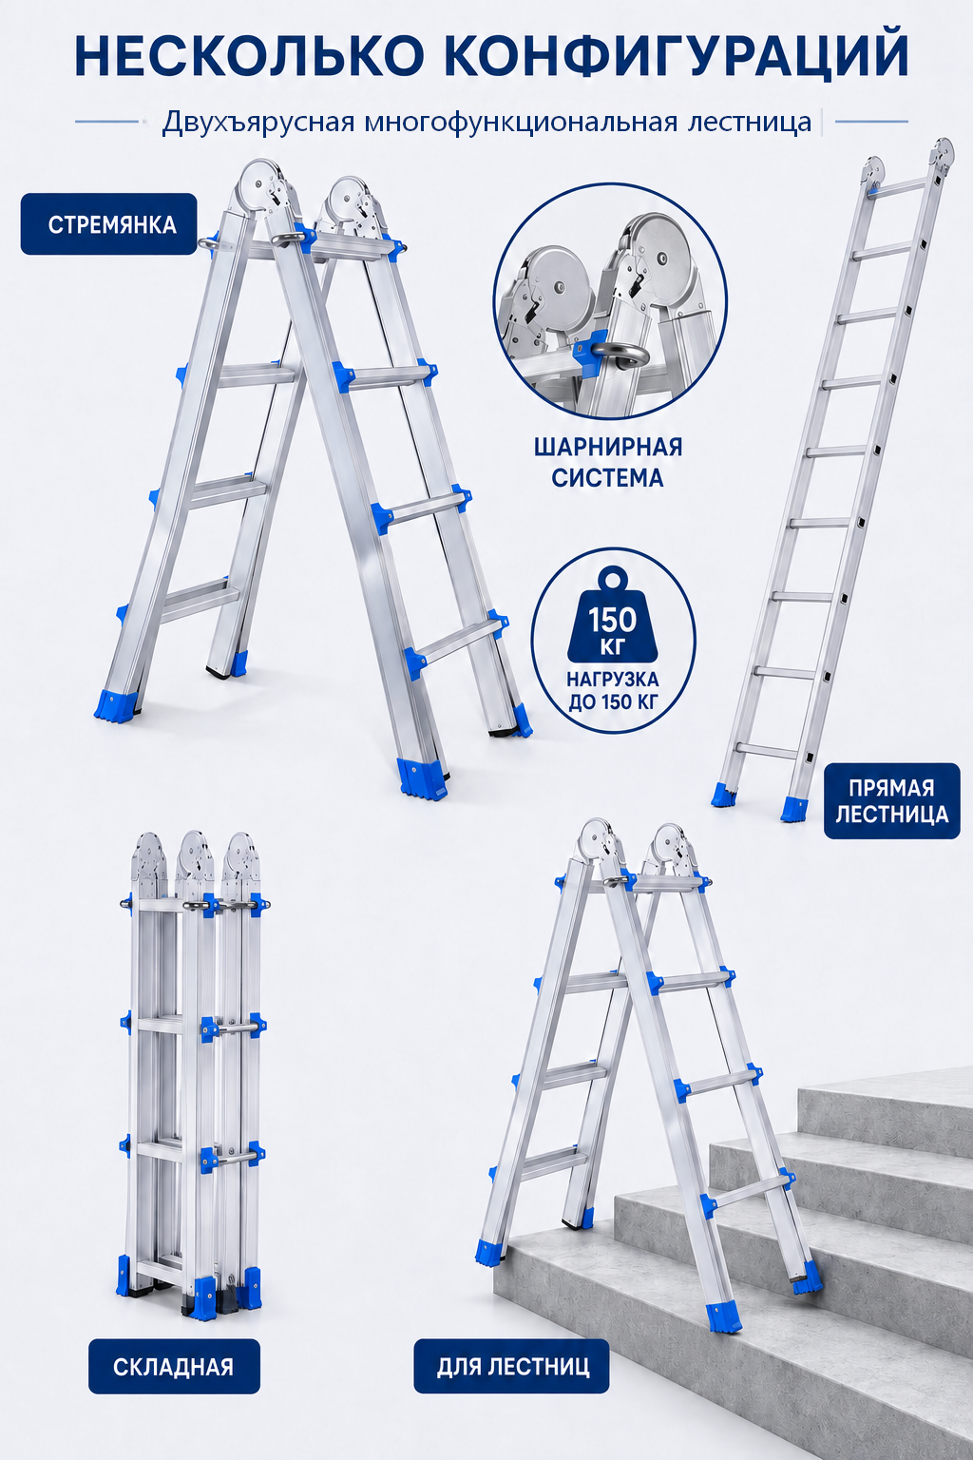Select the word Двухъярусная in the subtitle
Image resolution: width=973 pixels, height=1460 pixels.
pyautogui.click(x=258, y=123)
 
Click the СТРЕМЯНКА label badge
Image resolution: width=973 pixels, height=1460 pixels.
pyautogui.click(x=109, y=224)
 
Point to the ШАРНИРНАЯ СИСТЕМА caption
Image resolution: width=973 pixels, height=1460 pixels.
pyautogui.click(x=608, y=463)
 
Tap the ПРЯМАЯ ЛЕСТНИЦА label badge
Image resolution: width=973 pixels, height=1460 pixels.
pyautogui.click(x=891, y=801)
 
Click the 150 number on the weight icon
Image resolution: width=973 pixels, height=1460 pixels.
pyautogui.click(x=613, y=620)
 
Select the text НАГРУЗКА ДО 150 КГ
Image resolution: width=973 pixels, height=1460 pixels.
pyautogui.click(x=613, y=691)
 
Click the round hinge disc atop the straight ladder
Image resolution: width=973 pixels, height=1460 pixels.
pyautogui.click(x=943, y=154)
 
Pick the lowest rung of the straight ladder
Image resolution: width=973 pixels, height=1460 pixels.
pyautogui.click(x=769, y=750)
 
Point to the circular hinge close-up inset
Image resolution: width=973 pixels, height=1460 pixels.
pyautogui.click(x=610, y=300)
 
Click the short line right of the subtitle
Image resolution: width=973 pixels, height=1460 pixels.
pyautogui.click(x=871, y=122)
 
